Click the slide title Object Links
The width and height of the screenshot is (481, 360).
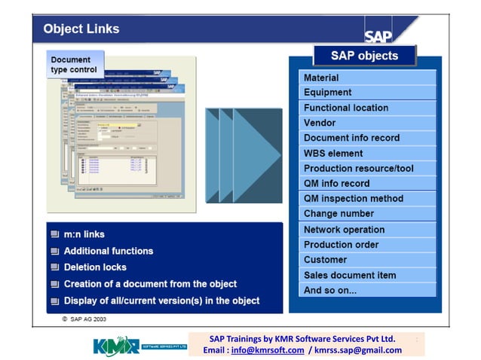(x=81, y=29)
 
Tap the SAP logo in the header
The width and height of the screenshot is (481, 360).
(x=378, y=35)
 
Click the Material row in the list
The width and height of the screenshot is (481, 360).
(x=367, y=78)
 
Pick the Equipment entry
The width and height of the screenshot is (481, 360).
(x=367, y=93)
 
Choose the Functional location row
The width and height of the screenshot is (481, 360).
(x=367, y=108)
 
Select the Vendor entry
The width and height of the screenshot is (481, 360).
(x=367, y=123)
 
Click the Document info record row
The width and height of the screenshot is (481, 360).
(x=367, y=138)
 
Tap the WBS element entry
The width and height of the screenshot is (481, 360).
(x=367, y=154)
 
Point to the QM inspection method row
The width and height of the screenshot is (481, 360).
(x=367, y=199)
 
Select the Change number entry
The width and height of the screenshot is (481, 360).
(x=367, y=214)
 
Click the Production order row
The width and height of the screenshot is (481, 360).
(x=367, y=245)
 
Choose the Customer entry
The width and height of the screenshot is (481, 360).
(x=367, y=260)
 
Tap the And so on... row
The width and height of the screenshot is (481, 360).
(x=367, y=290)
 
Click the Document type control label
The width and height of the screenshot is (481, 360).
(x=74, y=65)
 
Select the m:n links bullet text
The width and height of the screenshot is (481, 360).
(x=84, y=235)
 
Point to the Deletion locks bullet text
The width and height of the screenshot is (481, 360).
(x=95, y=267)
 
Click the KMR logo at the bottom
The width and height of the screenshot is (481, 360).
(x=117, y=346)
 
